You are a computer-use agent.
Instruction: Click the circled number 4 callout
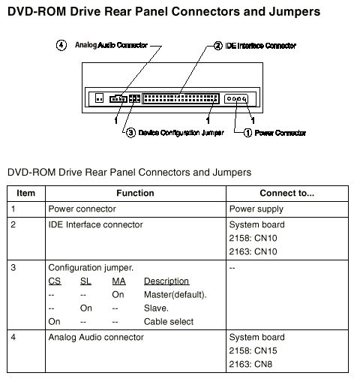pos(61,45)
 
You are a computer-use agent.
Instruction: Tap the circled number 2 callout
pos(217,46)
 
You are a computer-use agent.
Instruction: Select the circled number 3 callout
pos(130,133)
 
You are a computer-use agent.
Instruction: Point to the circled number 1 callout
pos(247,133)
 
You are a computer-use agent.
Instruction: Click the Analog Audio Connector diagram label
pos(111,45)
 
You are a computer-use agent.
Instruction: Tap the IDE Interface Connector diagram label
pos(261,46)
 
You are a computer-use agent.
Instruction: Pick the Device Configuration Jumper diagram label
pos(181,133)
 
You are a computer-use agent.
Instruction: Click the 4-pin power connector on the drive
pos(236,99)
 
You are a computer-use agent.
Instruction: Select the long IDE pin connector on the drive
pos(181,98)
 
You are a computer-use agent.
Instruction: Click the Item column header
pos(25,193)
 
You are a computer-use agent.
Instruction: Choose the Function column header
pos(135,193)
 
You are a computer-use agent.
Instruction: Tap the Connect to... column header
pos(287,193)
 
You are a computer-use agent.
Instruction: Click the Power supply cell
pos(256,209)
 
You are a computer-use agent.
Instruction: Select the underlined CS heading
pos(55,281)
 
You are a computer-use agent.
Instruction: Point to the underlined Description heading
pos(166,281)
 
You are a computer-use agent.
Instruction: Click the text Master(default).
pos(175,295)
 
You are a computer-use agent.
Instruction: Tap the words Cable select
pos(169,322)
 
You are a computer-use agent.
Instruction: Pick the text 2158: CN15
pos(253,350)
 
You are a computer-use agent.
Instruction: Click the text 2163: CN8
pos(250,364)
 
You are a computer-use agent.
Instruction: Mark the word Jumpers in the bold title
pos(295,12)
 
